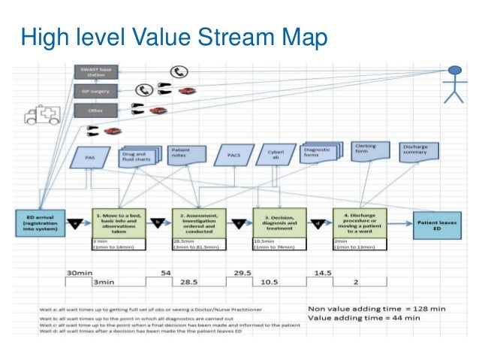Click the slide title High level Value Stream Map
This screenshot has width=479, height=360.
(x=174, y=35)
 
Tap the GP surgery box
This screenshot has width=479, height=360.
(x=95, y=92)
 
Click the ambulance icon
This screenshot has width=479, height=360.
(x=42, y=113)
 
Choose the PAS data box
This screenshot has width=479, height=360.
(x=89, y=158)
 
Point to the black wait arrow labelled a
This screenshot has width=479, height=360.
(x=75, y=222)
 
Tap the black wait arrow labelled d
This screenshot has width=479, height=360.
(x=318, y=222)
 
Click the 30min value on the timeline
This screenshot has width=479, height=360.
(x=79, y=272)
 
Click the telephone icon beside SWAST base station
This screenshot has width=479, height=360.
(x=178, y=72)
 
